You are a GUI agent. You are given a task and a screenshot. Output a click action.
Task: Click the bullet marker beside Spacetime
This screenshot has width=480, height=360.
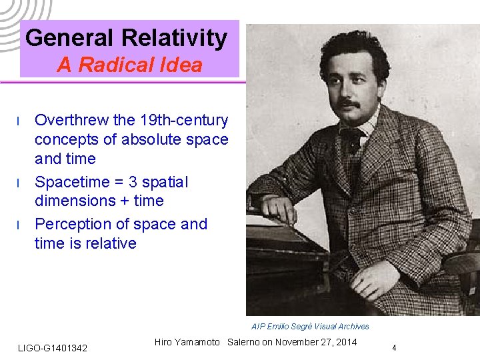(19, 183)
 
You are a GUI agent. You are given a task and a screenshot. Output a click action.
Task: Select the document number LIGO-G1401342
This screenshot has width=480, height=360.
(53, 348)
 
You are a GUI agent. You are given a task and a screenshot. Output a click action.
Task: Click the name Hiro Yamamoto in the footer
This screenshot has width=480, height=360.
(187, 342)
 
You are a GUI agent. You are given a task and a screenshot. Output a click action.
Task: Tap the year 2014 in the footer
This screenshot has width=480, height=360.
(345, 342)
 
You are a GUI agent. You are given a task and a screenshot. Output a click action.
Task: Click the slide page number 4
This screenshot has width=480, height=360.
(394, 347)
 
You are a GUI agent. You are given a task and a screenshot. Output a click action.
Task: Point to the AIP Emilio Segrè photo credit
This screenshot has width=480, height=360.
(310, 326)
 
